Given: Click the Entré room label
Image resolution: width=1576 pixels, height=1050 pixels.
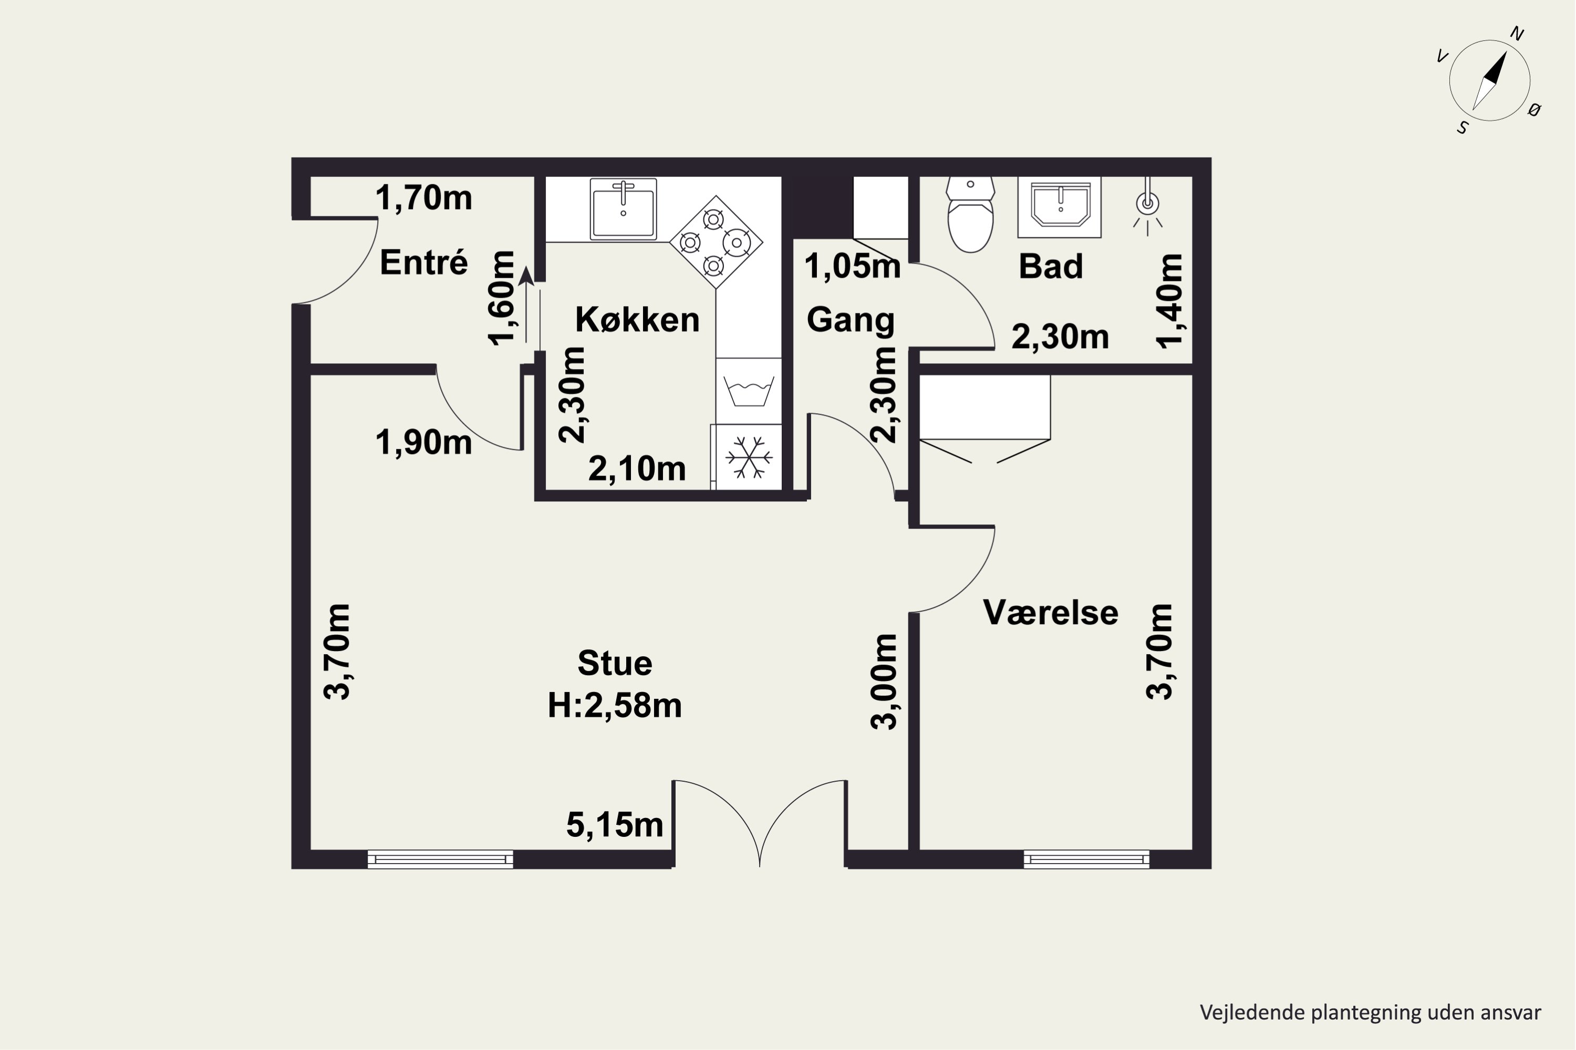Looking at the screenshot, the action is tap(423, 262).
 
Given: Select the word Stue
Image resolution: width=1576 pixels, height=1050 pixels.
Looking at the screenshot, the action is tap(615, 663).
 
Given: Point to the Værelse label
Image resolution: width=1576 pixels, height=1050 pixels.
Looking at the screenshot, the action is tap(1050, 612).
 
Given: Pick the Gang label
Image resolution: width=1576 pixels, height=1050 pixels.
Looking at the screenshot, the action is tap(851, 320).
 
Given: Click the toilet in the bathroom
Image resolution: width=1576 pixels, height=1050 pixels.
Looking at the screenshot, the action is tap(970, 214).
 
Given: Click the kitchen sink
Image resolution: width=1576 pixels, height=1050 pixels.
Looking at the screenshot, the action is tap(623, 209).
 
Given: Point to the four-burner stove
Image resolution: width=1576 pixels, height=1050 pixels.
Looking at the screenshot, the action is tap(716, 241).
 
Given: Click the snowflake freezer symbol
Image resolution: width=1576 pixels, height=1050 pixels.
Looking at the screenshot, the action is tap(749, 457).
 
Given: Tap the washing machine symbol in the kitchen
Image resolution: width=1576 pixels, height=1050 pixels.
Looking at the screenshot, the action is tap(749, 391).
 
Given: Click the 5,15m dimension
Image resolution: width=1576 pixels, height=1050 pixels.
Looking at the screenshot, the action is tap(615, 824).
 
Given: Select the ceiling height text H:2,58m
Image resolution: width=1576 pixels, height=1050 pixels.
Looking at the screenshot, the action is tap(615, 705).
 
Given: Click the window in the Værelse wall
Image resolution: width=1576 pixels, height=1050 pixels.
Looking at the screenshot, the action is tap(1086, 859).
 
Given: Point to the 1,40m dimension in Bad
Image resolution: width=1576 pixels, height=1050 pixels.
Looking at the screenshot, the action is tap(1169, 301).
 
